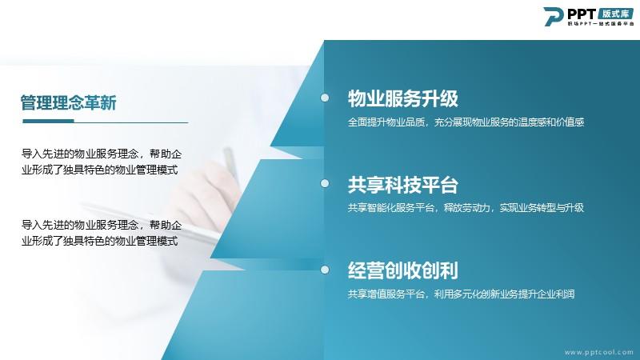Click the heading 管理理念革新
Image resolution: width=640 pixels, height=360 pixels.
[x=69, y=102]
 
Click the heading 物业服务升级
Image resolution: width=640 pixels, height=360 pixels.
[x=403, y=98]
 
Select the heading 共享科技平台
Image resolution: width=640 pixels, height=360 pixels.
[x=403, y=185]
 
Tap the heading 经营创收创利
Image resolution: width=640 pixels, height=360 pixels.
[x=403, y=270]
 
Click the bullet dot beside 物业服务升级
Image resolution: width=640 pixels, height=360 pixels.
[x=325, y=98]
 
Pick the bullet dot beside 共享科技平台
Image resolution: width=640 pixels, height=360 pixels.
[x=325, y=183]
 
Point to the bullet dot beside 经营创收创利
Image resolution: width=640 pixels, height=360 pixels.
[x=325, y=270]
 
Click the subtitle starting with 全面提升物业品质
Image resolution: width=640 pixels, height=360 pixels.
[x=466, y=122]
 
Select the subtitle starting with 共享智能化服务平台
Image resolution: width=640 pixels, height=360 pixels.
[x=466, y=208]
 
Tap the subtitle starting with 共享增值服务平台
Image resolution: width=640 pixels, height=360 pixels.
[x=462, y=294]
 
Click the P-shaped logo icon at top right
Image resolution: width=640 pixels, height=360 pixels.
[x=553, y=16]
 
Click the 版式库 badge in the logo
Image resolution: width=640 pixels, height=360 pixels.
[x=616, y=14]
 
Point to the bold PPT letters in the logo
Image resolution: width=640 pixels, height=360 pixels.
[x=582, y=14]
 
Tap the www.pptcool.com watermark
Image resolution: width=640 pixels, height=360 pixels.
[x=598, y=352]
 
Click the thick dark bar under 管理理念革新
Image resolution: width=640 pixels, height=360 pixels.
[x=48, y=121]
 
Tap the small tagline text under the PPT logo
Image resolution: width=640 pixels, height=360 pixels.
[x=601, y=24]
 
